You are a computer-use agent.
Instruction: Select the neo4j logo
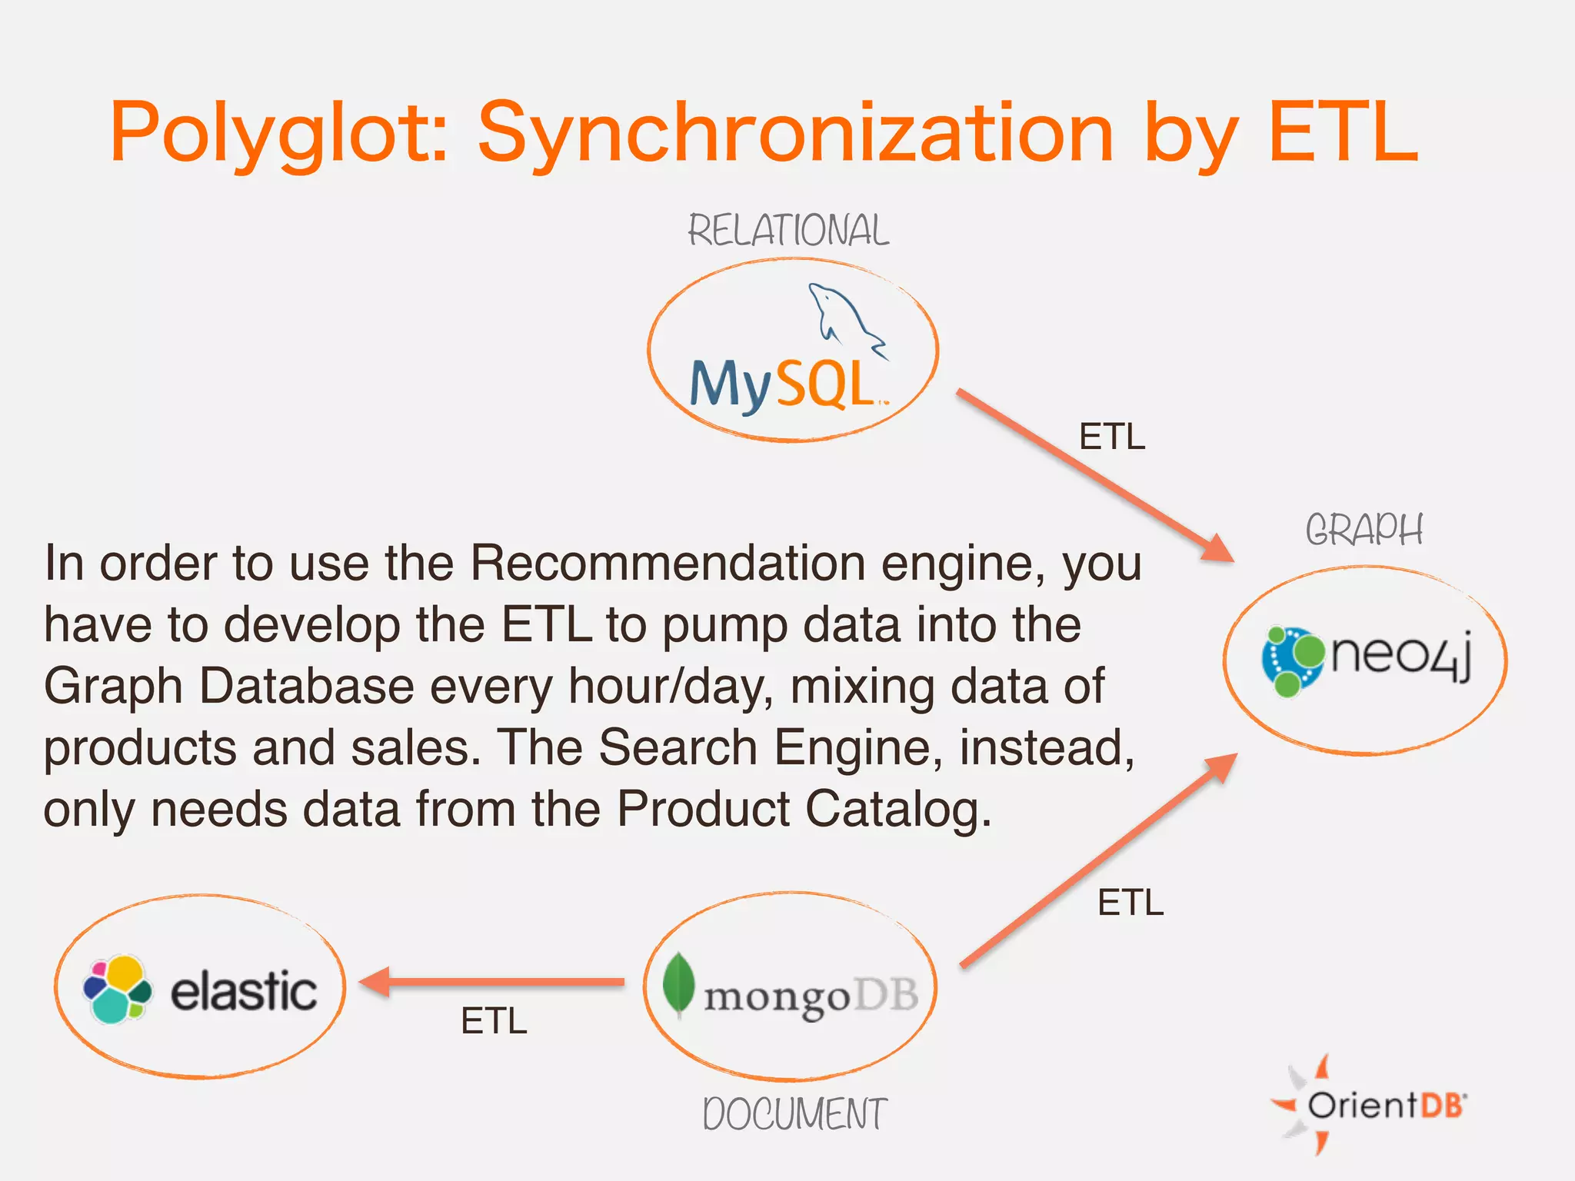(x=1366, y=660)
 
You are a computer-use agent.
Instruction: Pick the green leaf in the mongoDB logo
(x=678, y=984)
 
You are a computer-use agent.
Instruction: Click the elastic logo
(x=200, y=990)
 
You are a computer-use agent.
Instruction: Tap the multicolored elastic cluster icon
(x=116, y=990)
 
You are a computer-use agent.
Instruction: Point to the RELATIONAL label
(x=788, y=231)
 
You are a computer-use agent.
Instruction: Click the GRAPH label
(x=1364, y=530)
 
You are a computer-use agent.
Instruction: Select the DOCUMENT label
(x=794, y=1114)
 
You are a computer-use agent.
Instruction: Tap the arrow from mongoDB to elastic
(x=492, y=982)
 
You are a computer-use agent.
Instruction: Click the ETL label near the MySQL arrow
(x=1112, y=437)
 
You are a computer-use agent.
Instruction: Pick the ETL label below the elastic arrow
(x=494, y=1022)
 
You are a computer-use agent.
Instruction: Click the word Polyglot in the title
(x=278, y=135)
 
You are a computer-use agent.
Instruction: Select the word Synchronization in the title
(x=795, y=135)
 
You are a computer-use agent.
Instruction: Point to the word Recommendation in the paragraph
(x=668, y=564)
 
